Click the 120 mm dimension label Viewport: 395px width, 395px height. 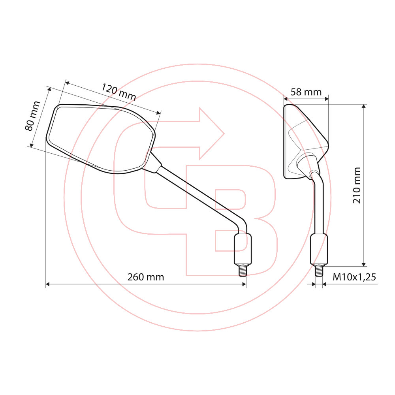tap(118, 92)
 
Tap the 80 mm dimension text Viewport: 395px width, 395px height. tap(32, 116)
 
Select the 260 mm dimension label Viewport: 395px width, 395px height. tap(146, 277)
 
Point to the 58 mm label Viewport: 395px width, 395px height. tap(306, 92)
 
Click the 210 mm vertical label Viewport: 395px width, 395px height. tap(357, 185)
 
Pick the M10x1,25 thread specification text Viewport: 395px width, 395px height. tap(354, 277)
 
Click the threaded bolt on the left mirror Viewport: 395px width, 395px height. tap(243, 270)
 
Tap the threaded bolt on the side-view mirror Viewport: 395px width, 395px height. tap(319, 270)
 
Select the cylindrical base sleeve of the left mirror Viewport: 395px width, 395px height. tap(243, 249)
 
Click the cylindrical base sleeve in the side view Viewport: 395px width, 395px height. tap(319, 249)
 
